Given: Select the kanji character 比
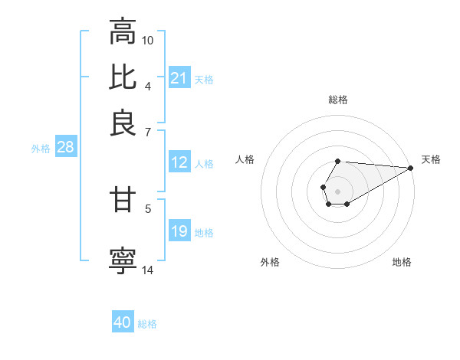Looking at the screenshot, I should click(123, 77).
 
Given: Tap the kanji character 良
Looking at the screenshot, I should click(123, 123).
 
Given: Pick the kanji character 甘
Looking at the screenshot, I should click(123, 200).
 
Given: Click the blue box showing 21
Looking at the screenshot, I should click(179, 78).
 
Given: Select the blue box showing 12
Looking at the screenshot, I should click(179, 162).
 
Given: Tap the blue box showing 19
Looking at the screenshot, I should click(179, 231).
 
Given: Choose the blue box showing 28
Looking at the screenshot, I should click(65, 148).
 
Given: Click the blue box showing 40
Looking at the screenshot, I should click(123, 322).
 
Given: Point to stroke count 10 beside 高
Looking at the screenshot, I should click(148, 40).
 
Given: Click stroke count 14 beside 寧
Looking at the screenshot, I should click(148, 270).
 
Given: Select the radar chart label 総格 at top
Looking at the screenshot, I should click(337, 100).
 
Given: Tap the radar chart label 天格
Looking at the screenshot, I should click(431, 159).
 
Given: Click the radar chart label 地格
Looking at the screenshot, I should click(402, 262).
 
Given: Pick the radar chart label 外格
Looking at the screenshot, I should click(270, 262).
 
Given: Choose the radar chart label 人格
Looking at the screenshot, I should click(245, 159).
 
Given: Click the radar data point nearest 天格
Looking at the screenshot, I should click(410, 167).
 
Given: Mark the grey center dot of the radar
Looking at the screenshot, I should click(337, 190).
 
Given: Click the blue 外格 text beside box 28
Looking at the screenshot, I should click(41, 149).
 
